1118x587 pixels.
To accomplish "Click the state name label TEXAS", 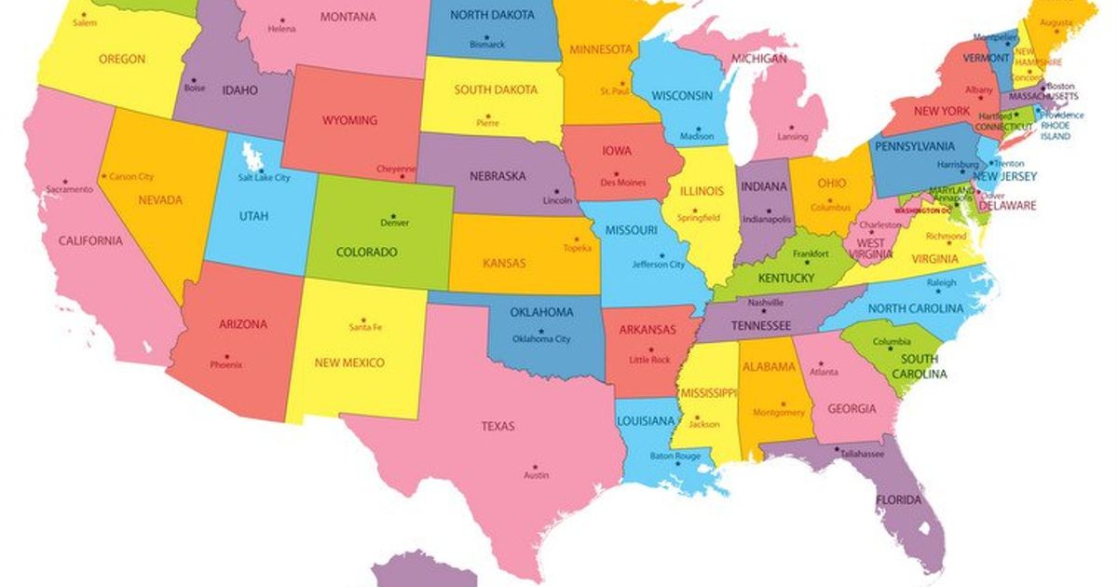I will pos(498,427).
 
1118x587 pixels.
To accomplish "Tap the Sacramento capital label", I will pos(69,190).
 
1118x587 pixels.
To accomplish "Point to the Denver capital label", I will pos(394,224).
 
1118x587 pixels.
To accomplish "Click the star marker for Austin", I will pos(535,466).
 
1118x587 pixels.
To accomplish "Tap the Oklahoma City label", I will pos(541,339).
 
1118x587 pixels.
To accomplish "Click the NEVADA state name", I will pos(160,200).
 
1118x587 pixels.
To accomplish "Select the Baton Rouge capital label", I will pos(675,457).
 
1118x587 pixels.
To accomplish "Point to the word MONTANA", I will pos(348,17).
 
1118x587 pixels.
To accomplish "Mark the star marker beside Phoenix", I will pos(225,355).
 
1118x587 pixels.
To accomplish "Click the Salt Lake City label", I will pos(264,177).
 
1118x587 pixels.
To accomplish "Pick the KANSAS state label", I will pos(504,264).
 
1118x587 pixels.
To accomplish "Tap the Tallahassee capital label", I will pos(861,454).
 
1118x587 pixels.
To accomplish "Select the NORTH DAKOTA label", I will pos(492,15).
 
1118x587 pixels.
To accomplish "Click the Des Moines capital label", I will pos(622,182).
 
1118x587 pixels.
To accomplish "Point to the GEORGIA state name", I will pos(851,408).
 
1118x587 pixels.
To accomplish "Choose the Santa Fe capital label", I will pos(365,327).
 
